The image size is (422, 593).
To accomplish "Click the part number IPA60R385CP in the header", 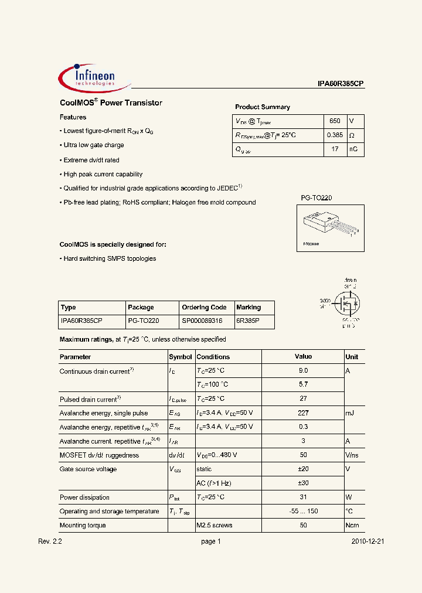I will click(x=341, y=84).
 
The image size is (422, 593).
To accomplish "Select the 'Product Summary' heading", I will click(x=262, y=107).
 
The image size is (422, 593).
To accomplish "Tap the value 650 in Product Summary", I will click(x=334, y=121).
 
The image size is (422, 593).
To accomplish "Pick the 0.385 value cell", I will click(x=334, y=135).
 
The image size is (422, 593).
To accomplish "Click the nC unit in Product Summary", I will click(x=354, y=149).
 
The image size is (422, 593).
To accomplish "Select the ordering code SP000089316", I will click(x=203, y=321).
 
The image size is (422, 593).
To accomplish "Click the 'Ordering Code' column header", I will click(x=203, y=307).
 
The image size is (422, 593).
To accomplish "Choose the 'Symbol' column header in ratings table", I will click(x=180, y=357).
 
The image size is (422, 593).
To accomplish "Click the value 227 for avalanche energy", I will click(x=303, y=413).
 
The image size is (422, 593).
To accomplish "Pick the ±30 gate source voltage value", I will click(x=303, y=483).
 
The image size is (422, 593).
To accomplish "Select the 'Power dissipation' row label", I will click(x=84, y=497).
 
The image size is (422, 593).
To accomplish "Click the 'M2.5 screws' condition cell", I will click(x=214, y=526).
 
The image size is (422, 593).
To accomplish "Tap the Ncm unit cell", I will click(x=352, y=526).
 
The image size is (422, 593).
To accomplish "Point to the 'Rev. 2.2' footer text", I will click(x=50, y=542).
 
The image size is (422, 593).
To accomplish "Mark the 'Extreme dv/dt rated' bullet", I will click(x=91, y=160).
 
